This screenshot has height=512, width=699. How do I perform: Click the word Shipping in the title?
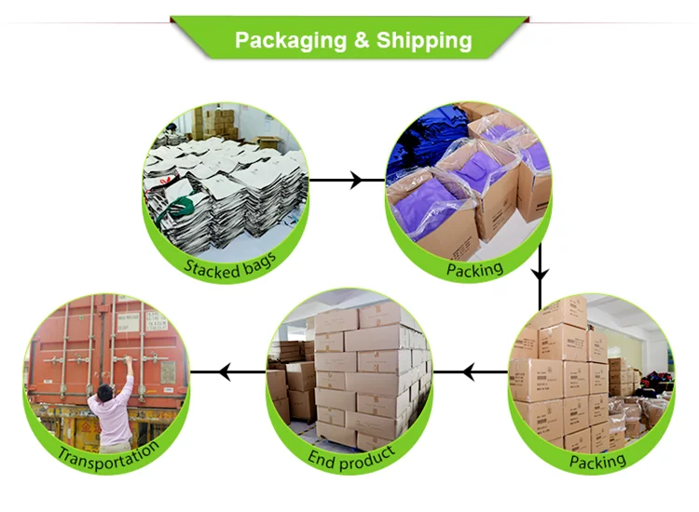pos(424,41)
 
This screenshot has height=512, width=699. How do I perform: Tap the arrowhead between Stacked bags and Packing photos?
pos(355,180)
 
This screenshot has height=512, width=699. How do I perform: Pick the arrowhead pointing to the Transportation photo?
pos(225,373)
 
